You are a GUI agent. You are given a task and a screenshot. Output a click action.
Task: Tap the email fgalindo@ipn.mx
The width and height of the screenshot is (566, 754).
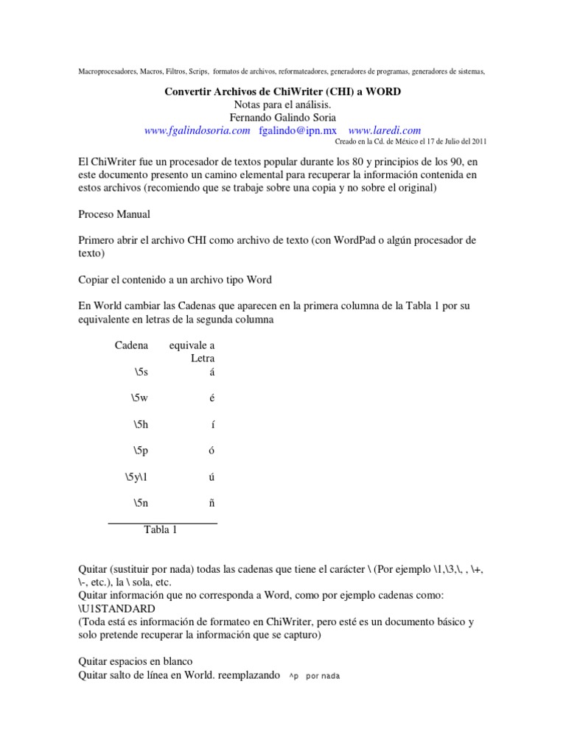(297, 130)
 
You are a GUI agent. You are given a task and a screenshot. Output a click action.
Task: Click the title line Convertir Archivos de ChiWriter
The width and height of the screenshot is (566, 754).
(282, 91)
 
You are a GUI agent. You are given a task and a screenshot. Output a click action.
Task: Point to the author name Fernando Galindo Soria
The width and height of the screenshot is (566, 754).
(282, 117)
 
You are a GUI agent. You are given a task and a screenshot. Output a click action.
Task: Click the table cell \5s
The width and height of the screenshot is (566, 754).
(141, 372)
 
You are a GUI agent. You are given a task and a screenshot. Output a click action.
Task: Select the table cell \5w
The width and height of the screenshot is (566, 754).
(140, 398)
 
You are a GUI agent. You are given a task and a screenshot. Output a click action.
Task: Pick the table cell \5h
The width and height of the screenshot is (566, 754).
(141, 425)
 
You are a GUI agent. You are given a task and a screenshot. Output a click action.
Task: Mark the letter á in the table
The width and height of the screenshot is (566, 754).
(212, 372)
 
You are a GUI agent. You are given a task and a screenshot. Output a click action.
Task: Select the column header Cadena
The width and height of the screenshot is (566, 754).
(131, 345)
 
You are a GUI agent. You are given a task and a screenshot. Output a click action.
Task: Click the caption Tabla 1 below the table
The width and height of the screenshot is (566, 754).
(160, 529)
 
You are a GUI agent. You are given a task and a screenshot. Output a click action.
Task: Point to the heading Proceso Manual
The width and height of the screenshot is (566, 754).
(114, 214)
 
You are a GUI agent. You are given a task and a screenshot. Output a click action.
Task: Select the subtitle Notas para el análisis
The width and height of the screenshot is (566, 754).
(282, 105)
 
